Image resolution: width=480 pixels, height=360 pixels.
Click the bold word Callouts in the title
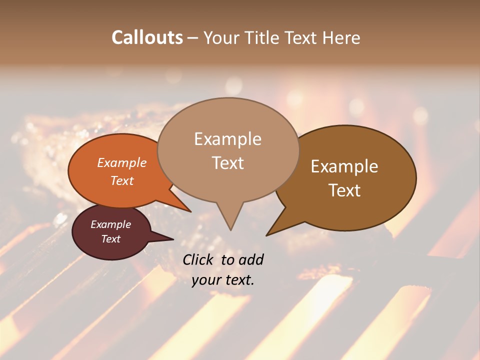click(x=147, y=37)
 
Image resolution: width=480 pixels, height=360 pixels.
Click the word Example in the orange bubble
click(x=121, y=162)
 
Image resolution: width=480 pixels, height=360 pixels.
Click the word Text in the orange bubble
click(x=121, y=180)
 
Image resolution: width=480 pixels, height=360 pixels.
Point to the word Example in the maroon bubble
click(x=110, y=224)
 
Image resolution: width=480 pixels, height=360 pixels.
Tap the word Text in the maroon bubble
click(x=110, y=239)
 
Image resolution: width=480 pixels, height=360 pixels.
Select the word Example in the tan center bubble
click(x=227, y=139)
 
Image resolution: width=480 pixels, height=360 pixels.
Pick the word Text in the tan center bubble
click(x=227, y=163)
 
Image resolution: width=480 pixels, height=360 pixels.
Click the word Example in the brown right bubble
click(x=344, y=166)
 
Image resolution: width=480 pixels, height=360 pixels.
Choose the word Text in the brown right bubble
click(x=344, y=190)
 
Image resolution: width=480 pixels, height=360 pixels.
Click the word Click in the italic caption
click(x=199, y=259)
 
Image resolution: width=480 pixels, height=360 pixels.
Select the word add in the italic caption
click(x=251, y=259)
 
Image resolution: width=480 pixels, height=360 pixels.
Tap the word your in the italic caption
click(x=205, y=280)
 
